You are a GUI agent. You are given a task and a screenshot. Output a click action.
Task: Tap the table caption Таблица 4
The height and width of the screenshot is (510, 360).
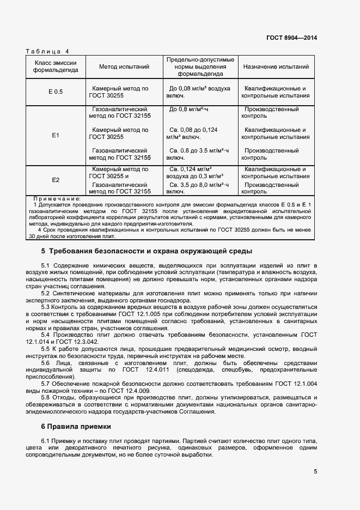coord(47,51)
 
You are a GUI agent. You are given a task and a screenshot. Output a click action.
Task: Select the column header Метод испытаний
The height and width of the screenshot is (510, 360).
coord(124,66)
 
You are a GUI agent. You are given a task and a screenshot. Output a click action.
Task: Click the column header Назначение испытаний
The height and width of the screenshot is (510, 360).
coord(276,66)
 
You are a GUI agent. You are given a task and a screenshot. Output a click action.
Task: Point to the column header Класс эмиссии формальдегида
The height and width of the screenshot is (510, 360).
coord(55,66)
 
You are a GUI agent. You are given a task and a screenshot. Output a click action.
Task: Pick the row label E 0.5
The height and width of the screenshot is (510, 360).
coord(55,92)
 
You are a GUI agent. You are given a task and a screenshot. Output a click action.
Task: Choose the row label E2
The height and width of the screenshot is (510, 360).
coord(55,180)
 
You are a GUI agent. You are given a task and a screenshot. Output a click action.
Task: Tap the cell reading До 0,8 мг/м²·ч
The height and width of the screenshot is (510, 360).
coord(189,110)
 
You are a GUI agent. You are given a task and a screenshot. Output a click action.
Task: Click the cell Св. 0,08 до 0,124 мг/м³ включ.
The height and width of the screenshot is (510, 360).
coord(193,133)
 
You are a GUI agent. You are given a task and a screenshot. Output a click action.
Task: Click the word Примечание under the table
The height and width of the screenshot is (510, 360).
coord(57,199)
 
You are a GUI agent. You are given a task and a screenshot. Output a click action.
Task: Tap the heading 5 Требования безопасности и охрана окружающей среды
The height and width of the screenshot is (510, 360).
coord(147,252)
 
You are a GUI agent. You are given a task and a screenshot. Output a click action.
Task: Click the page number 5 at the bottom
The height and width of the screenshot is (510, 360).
coord(315,472)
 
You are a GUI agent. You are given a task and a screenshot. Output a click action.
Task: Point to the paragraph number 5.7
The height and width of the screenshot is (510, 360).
coord(46,384)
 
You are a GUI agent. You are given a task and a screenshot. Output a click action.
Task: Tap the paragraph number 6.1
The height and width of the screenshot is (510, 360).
coord(46,440)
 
